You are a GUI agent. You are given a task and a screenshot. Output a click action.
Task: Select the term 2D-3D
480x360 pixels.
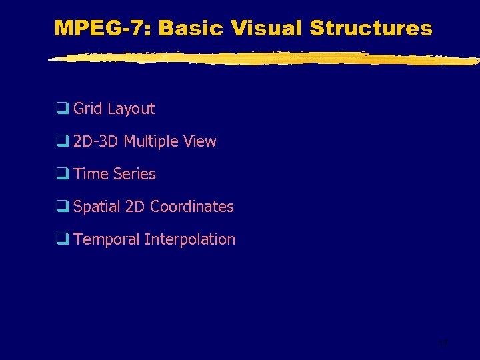(x=96, y=141)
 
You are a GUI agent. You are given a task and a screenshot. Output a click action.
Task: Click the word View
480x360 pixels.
(x=201, y=141)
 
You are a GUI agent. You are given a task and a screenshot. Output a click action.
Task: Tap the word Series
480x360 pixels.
(x=134, y=174)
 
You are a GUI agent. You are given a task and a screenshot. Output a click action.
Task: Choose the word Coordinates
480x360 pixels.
(x=192, y=207)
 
